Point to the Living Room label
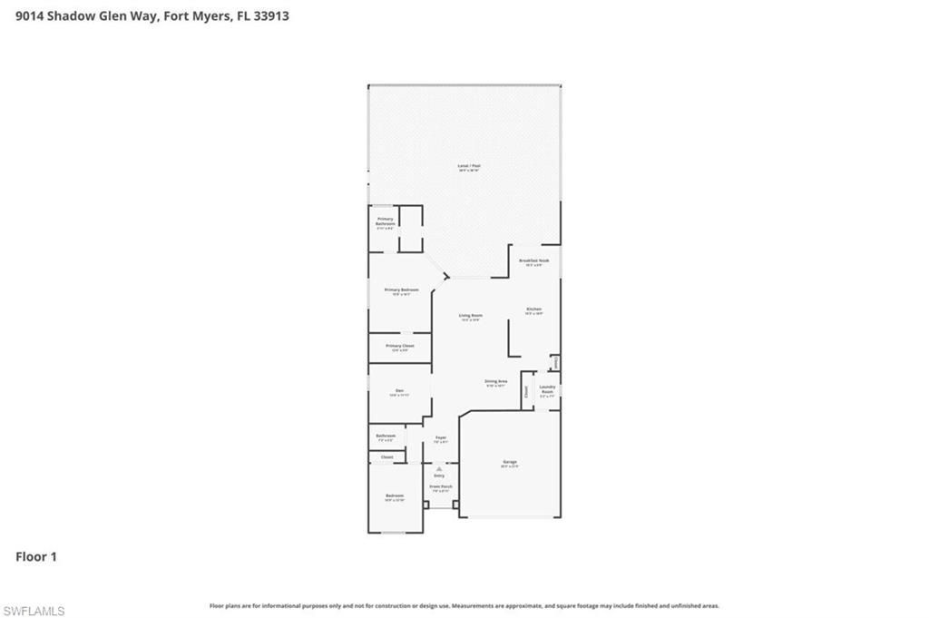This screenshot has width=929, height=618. pyautogui.click(x=470, y=317)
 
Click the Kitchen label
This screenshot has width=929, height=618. pyautogui.click(x=533, y=310)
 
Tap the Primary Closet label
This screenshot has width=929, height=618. pyautogui.click(x=399, y=347)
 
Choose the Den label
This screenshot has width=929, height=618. pyautogui.click(x=399, y=392)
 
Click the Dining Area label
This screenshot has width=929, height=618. pyautogui.click(x=495, y=382)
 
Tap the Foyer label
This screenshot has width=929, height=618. pyautogui.click(x=440, y=439)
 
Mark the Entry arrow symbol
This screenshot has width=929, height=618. pyautogui.click(x=439, y=469)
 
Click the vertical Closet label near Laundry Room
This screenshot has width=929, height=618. pyautogui.click(x=525, y=392)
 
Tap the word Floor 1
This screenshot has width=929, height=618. pyautogui.click(x=36, y=556)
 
